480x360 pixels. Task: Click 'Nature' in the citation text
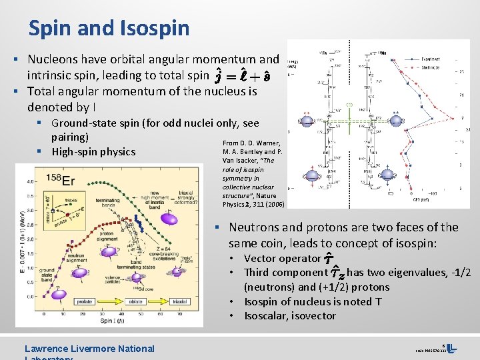click(x=268, y=195)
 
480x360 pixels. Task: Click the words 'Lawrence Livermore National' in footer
click(x=89, y=348)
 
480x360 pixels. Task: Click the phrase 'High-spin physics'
click(x=93, y=151)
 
